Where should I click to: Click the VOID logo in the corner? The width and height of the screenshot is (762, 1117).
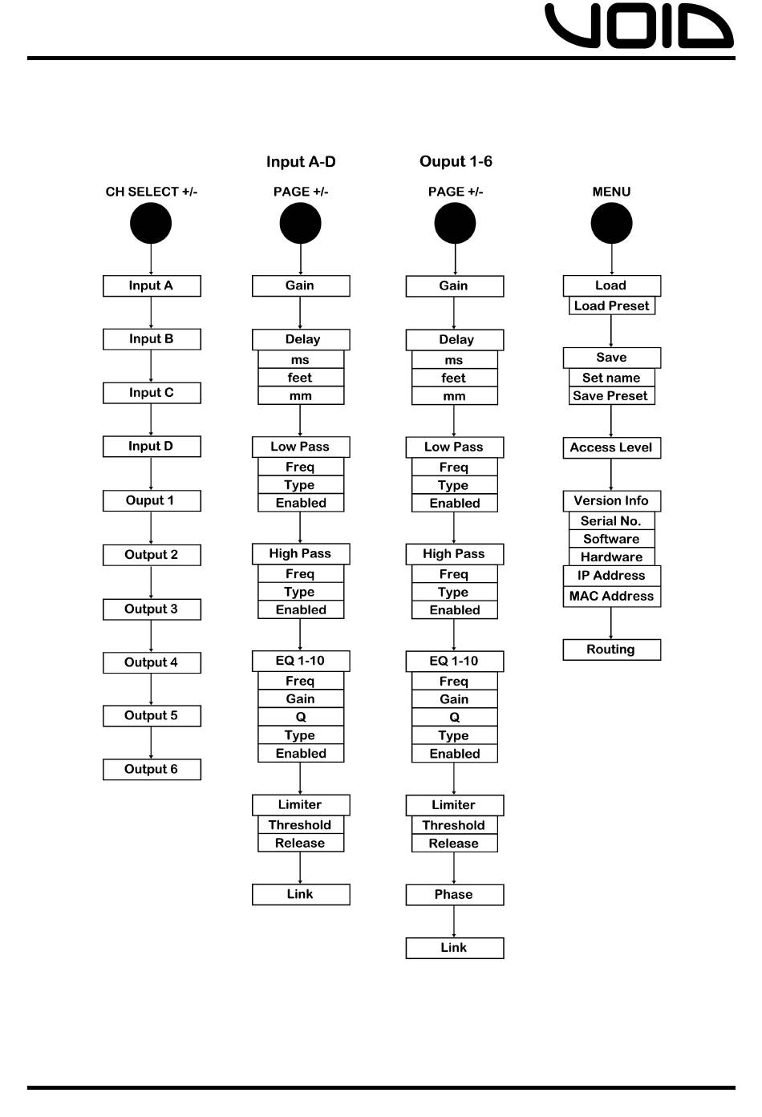coord(638,26)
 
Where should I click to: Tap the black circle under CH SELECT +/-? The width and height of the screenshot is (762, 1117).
coord(151,223)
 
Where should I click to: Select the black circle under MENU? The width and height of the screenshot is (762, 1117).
coord(611,223)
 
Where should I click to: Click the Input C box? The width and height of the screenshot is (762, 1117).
coord(152,393)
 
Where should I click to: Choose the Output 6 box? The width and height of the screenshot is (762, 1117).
coord(152,770)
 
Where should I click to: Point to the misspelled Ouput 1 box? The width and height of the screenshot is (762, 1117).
coord(152,501)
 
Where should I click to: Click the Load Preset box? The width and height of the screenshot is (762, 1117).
coord(611,306)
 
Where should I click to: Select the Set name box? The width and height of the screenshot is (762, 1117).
coord(611,378)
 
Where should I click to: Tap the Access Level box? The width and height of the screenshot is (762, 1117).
coord(611,447)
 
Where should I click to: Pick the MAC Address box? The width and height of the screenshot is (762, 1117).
coord(611,597)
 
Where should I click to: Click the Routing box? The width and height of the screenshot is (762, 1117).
coord(611,650)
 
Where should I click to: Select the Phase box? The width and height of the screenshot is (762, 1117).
coord(454,895)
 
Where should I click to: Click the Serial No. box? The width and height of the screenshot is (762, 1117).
coord(611,521)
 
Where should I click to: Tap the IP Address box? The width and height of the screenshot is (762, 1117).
coord(611,576)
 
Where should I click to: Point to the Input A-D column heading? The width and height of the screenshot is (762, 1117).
coord(301,162)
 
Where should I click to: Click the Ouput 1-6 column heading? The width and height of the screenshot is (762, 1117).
coord(456,162)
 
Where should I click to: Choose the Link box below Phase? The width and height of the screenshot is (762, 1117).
coord(454,948)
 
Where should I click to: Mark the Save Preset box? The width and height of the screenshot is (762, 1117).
coord(611,396)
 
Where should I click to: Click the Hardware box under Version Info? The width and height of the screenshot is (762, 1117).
coord(611,557)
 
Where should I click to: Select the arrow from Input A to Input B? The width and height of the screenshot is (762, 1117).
coord(151,313)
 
